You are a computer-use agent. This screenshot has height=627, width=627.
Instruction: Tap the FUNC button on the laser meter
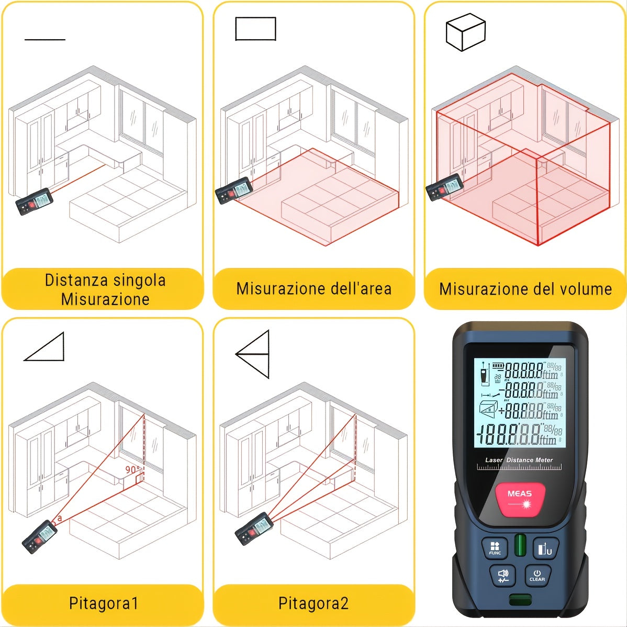click(x=495, y=548)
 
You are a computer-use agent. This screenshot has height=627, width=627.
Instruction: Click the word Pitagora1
click(x=104, y=603)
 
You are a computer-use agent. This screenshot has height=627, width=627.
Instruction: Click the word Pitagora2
click(x=313, y=603)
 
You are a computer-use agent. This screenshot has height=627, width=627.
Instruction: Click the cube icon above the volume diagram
click(x=465, y=32)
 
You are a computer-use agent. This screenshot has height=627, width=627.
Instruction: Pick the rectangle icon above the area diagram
click(x=255, y=29)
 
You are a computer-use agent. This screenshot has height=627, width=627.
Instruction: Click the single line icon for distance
click(x=45, y=39)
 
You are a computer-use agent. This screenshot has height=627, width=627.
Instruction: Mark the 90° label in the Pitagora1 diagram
click(x=132, y=469)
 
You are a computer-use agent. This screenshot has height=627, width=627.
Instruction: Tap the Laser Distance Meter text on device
click(x=519, y=460)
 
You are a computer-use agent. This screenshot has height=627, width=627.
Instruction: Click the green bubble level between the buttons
click(x=520, y=544)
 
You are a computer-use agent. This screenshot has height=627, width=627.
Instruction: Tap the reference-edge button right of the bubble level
click(x=545, y=548)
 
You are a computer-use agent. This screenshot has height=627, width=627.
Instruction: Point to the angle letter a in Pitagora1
click(x=60, y=518)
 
